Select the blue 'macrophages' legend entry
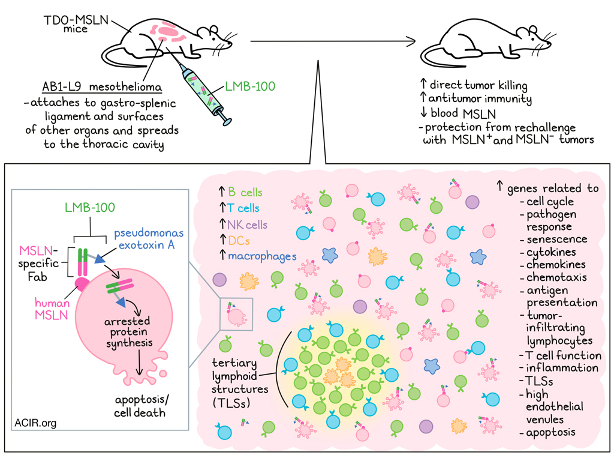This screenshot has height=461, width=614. coord(262,256)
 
